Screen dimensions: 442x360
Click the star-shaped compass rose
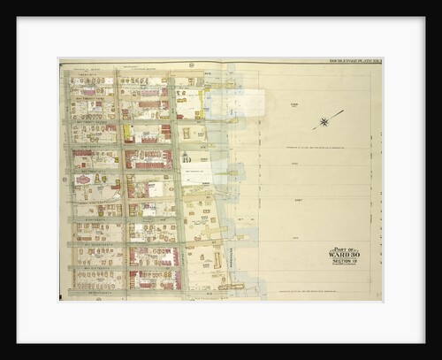(324, 121)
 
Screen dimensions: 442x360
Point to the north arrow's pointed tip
(343, 111)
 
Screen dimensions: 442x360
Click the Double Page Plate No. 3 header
(352, 61)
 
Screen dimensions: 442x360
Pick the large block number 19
(186, 159)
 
